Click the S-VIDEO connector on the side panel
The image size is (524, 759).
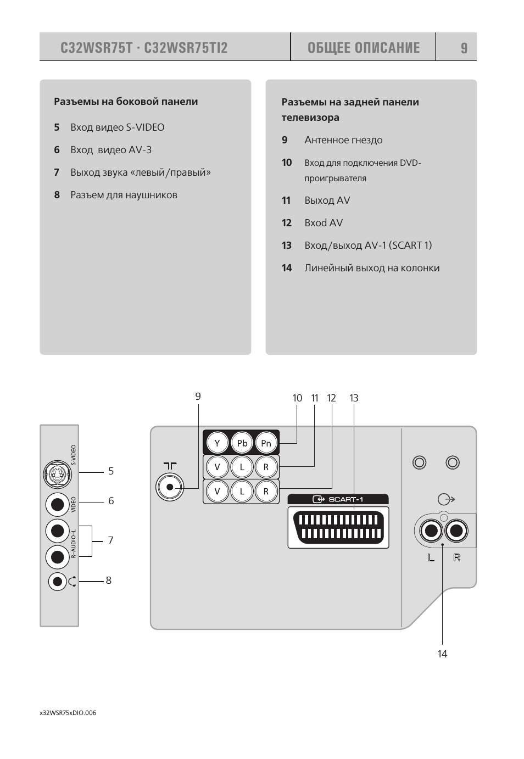(57, 473)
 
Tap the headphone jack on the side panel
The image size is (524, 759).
(57, 581)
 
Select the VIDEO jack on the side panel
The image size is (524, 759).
(57, 503)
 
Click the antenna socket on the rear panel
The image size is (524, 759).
(170, 487)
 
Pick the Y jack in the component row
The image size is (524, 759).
(217, 443)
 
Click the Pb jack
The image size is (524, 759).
(242, 443)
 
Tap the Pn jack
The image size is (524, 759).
(266, 443)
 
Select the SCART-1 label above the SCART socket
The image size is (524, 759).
(338, 499)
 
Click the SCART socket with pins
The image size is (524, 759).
(338, 527)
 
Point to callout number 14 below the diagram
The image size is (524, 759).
(442, 654)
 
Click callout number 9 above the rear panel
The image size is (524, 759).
(198, 396)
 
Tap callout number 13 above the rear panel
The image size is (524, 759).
(354, 398)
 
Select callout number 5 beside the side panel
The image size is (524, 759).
(111, 471)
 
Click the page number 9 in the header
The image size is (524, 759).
(464, 48)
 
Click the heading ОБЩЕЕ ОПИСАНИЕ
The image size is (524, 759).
(363, 48)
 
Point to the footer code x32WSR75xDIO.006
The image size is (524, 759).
(68, 713)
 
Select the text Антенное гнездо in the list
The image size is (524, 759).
(343, 140)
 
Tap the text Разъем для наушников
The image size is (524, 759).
(124, 195)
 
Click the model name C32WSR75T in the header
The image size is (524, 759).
(97, 48)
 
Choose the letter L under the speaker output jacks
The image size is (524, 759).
(431, 558)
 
